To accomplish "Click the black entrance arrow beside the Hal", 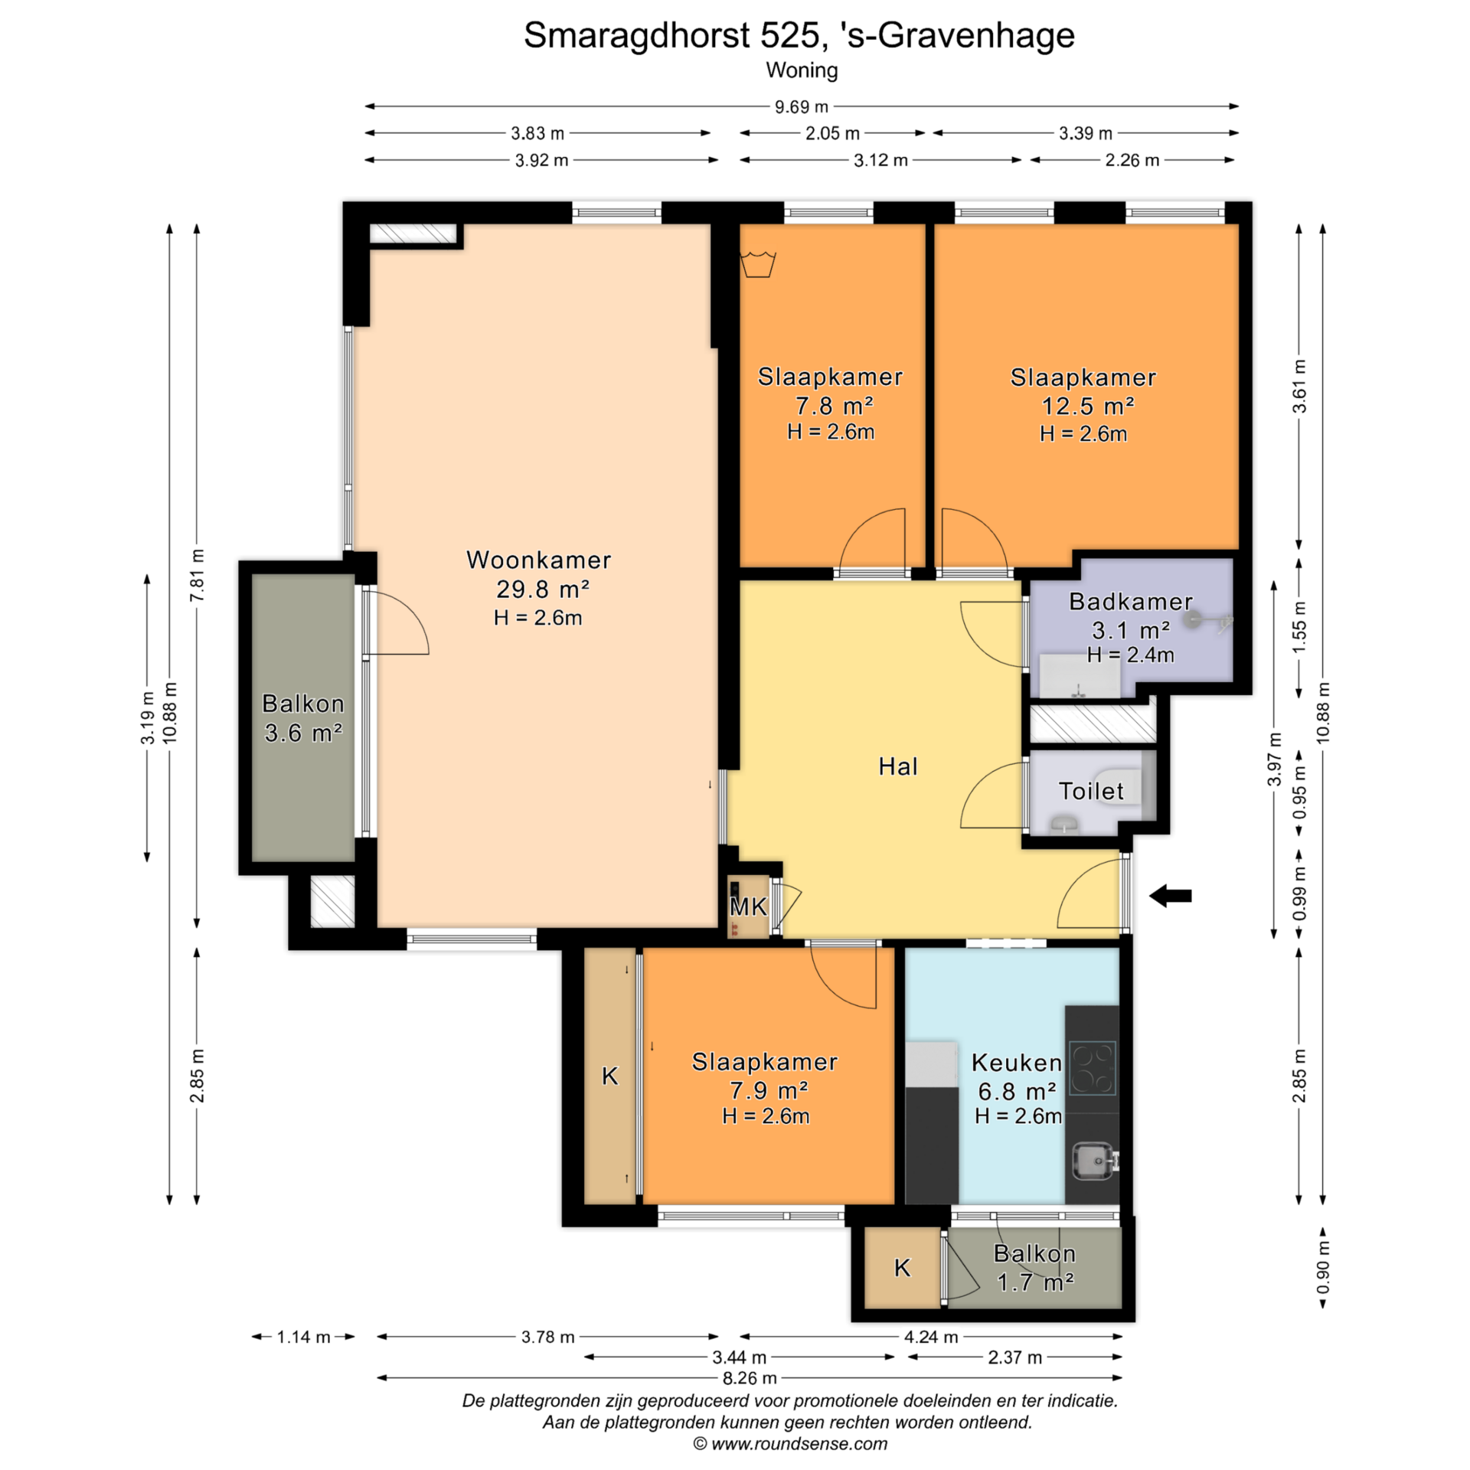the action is click(x=1171, y=895).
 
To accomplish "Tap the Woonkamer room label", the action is click(x=539, y=560).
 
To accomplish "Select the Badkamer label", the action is click(x=1131, y=601).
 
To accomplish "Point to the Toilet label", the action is click(x=1091, y=791).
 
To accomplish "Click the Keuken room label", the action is click(x=1017, y=1063).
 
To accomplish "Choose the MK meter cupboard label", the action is click(x=748, y=907).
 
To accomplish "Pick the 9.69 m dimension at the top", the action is click(x=802, y=107).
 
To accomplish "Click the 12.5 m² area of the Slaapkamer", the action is click(x=1087, y=406).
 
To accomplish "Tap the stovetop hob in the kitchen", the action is click(x=1093, y=1068).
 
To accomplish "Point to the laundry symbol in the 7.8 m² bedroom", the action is click(x=758, y=264).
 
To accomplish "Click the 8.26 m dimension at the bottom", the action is click(x=750, y=1378).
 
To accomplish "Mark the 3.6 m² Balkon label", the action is click(x=303, y=718).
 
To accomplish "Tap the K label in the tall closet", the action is click(x=609, y=1076).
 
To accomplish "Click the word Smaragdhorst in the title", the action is click(x=636, y=35).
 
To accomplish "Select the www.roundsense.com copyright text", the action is click(x=790, y=1444).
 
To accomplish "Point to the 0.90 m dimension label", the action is click(x=1323, y=1267).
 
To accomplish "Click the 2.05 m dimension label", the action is click(x=832, y=133).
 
